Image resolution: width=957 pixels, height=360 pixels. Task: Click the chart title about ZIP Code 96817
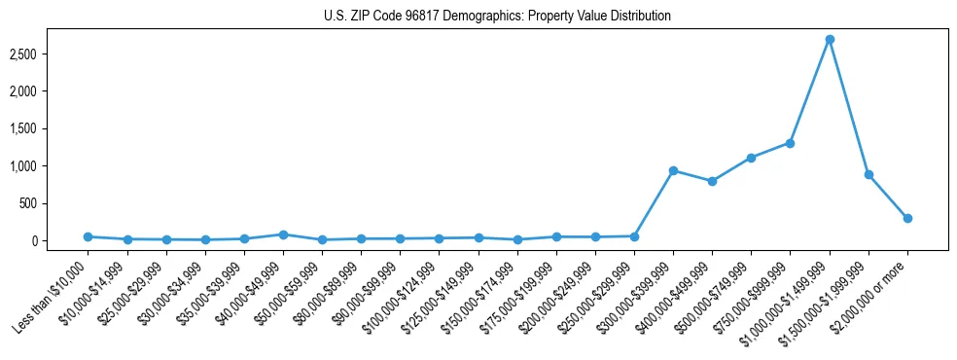[497, 17]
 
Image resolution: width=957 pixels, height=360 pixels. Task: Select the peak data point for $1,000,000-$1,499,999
[830, 40]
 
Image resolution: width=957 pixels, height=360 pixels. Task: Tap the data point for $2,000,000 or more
[907, 218]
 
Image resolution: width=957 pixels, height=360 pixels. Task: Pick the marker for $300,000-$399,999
[673, 170]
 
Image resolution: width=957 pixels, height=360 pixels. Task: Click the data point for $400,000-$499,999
[712, 181]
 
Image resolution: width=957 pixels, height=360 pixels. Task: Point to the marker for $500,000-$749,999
[751, 158]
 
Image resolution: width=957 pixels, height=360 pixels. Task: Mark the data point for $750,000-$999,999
[791, 143]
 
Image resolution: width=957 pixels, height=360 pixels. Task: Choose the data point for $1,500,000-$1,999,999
[868, 174]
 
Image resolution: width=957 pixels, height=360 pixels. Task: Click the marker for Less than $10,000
[88, 236]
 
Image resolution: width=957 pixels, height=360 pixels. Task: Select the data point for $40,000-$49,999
[283, 234]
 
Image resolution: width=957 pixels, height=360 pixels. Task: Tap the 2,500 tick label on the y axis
[22, 54]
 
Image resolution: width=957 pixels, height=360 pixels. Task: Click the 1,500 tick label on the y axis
[22, 128]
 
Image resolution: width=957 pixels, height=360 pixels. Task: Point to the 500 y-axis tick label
[28, 203]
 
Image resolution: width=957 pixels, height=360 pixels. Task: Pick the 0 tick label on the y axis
[35, 240]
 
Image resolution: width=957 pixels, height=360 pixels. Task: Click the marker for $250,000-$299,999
[634, 236]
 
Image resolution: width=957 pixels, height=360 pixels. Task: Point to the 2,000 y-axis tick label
[22, 91]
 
